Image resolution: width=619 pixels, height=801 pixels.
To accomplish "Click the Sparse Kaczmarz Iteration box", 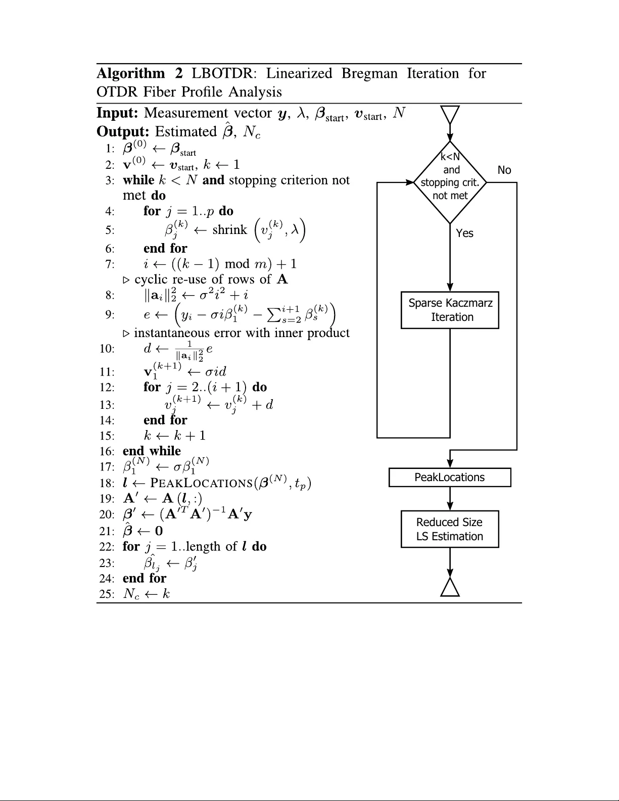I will coord(450,310).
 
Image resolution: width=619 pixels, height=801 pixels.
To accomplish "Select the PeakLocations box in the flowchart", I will coord(450,478).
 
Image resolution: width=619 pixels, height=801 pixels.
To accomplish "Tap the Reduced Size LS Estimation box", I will coord(450,529).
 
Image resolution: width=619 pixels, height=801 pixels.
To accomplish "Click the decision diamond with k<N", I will coord(450,182).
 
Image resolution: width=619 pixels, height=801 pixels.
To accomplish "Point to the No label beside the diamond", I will coord(504,170).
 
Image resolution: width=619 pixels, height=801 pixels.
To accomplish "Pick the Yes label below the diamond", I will coord(464,233).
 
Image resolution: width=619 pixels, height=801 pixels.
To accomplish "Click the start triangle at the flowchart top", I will coord(450,114).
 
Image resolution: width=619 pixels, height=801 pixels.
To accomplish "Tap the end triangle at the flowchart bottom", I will coord(450,587).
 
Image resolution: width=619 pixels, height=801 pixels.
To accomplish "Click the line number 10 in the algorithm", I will coord(107,349).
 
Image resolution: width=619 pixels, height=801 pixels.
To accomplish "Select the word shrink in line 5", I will coord(230,230).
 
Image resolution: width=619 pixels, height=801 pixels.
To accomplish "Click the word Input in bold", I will coord(117,113).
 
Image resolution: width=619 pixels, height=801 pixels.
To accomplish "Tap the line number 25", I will coord(107,594).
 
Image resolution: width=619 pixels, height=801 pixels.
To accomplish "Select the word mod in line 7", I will coord(237,264).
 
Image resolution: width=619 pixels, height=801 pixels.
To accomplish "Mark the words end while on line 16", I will coord(152,451).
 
